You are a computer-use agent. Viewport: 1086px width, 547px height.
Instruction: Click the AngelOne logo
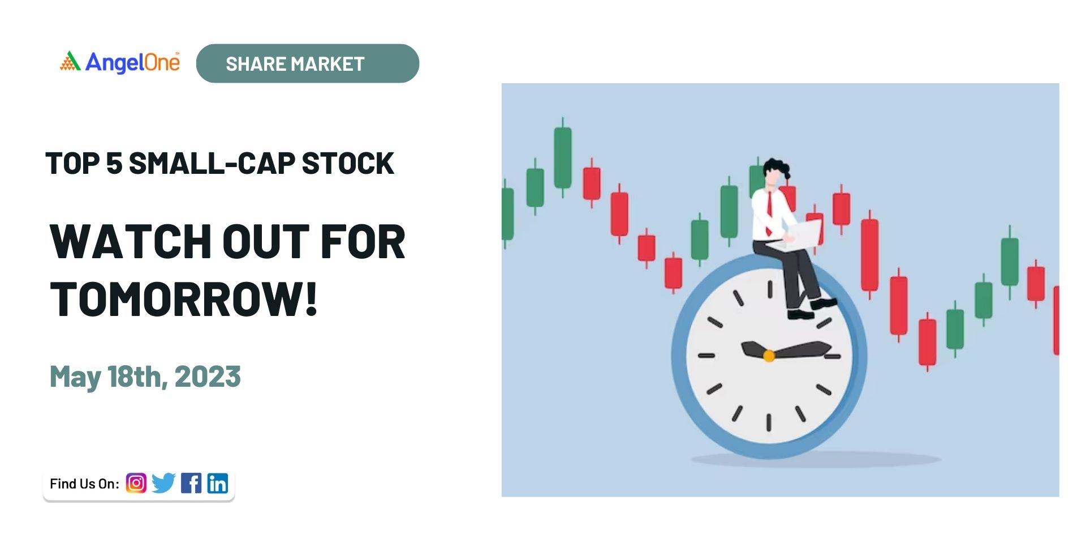click(120, 62)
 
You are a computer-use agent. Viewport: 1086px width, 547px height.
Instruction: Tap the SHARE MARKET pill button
click(308, 63)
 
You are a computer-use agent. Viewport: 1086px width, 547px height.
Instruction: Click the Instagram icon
click(136, 483)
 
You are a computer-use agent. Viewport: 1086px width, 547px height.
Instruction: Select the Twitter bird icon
click(163, 483)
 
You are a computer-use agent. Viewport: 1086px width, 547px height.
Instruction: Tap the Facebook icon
click(191, 483)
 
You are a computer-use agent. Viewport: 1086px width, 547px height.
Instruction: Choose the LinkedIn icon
click(218, 483)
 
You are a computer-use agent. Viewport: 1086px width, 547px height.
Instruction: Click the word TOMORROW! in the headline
click(184, 299)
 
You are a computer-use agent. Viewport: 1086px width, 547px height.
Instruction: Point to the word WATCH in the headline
click(131, 242)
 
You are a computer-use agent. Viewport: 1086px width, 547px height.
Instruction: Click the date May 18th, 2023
click(145, 377)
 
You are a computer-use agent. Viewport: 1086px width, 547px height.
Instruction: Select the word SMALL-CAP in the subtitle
click(212, 164)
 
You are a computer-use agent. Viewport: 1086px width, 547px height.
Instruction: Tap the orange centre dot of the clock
click(769, 356)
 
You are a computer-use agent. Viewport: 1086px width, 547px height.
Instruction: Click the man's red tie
click(769, 212)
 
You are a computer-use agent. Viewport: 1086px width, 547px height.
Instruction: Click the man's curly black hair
click(776, 168)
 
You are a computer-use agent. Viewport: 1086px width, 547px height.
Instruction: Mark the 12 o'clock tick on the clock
click(770, 289)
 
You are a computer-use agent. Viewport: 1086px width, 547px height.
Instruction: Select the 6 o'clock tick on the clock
click(769, 422)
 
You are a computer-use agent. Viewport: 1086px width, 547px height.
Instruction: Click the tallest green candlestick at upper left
click(562, 157)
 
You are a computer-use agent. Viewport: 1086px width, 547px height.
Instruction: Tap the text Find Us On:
click(84, 484)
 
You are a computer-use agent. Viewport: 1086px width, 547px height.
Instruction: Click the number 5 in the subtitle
click(114, 164)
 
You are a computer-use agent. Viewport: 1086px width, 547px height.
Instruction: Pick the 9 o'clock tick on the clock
click(706, 356)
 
